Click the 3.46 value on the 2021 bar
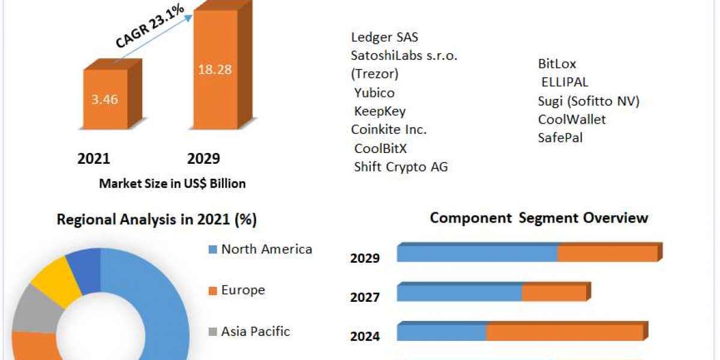pos(105,100)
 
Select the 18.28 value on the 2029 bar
pos(215,69)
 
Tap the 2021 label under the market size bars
pos(94,158)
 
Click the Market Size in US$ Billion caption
pos(172,184)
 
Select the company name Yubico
pos(374,93)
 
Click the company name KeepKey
pos(380,111)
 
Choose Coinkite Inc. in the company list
pos(389,129)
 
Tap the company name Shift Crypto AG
pos(401,166)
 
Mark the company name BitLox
pos(557,64)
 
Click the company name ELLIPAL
pos(565,82)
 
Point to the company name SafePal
pos(560,137)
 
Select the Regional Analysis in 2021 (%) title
pos(157,220)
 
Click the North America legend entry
pos(266,249)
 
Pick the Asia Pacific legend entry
pos(256,331)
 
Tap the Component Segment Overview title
pos(539,217)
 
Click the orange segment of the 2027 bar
pos(553,293)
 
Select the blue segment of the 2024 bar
pos(442,332)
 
